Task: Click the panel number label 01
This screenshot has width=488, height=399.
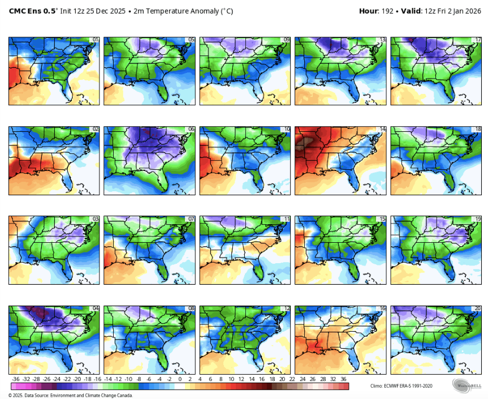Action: coord(96,40)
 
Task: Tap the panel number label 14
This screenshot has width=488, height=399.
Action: coord(382,129)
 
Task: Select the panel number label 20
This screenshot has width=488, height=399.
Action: coord(478,308)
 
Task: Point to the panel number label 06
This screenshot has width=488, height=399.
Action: coord(191,129)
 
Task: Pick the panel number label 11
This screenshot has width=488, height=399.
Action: coord(287,218)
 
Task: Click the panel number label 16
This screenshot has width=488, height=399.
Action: coord(382,308)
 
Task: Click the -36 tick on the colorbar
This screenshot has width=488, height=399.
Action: coord(16,379)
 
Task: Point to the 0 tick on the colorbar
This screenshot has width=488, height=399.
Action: coord(180,379)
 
